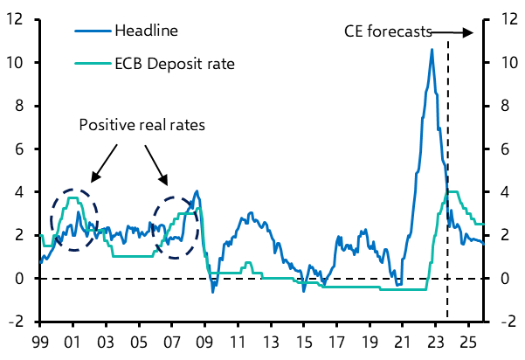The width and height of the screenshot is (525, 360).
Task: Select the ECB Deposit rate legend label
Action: [x=174, y=64]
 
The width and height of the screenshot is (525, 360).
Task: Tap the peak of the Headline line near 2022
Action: [x=432, y=50]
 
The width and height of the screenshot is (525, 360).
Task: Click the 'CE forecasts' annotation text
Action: [x=388, y=32]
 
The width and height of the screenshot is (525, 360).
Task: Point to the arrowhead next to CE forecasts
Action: [x=469, y=32]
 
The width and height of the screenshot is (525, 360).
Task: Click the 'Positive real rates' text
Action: [x=142, y=125]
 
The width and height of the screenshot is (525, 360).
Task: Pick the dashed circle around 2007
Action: [x=175, y=227]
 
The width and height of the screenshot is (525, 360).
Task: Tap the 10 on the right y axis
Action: [x=505, y=63]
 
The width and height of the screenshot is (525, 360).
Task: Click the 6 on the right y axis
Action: [x=501, y=149]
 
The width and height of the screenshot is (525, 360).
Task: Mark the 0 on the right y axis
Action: [x=501, y=279]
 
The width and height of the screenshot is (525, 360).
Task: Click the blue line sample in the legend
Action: [x=91, y=31]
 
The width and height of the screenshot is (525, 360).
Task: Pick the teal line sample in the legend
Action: [x=91, y=64]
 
